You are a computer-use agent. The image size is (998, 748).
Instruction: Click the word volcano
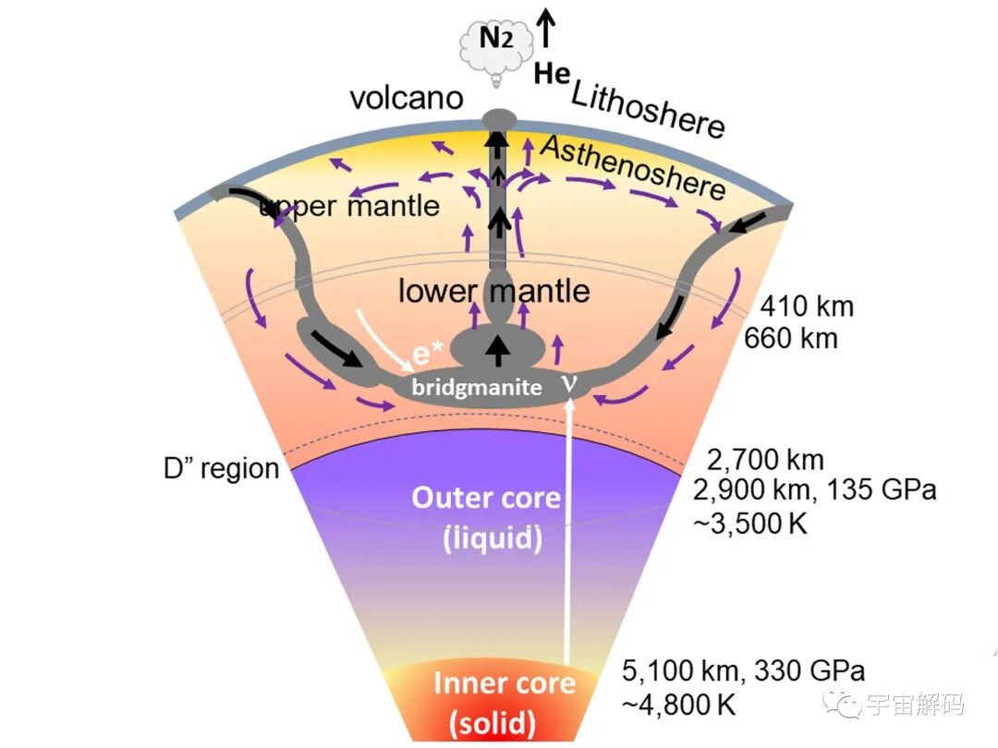coord(406,98)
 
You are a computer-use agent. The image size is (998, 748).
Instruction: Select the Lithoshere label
coord(647,108)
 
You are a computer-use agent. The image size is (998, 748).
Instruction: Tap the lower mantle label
coord(493,291)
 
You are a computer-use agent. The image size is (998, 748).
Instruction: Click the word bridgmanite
coord(477,388)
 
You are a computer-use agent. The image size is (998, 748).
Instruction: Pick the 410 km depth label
coord(806,306)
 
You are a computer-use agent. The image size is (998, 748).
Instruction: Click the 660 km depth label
coord(791,338)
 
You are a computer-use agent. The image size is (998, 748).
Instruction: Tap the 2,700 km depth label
coord(765,460)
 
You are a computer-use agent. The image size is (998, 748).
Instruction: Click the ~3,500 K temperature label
coord(750,523)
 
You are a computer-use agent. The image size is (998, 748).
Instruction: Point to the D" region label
coord(221,468)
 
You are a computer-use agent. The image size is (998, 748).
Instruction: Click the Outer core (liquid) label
coord(486,518)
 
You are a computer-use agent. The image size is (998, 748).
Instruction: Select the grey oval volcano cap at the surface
coord(499,119)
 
